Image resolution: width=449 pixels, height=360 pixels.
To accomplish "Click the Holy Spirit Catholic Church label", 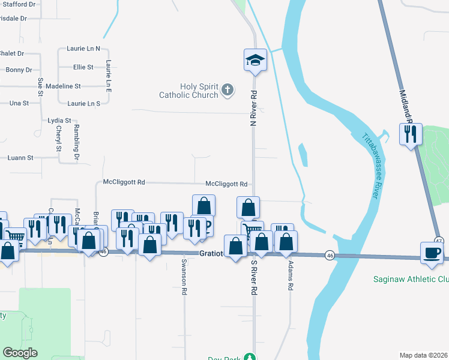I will (189, 91).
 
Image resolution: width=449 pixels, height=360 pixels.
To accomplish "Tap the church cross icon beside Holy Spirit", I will (227, 91).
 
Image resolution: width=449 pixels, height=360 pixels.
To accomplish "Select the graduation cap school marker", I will (255, 61).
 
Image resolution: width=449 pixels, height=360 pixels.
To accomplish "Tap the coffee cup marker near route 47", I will (432, 253).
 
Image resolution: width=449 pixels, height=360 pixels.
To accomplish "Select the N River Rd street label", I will (254, 108).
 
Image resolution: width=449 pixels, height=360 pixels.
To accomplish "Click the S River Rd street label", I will (254, 277).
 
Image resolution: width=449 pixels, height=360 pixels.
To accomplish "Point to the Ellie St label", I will (83, 67).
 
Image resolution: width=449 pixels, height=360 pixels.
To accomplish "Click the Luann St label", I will (20, 158).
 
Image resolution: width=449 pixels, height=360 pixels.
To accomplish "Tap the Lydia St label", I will (59, 121).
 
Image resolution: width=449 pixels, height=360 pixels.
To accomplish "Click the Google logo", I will (20, 353).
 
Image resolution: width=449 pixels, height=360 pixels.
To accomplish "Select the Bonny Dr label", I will (19, 70).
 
